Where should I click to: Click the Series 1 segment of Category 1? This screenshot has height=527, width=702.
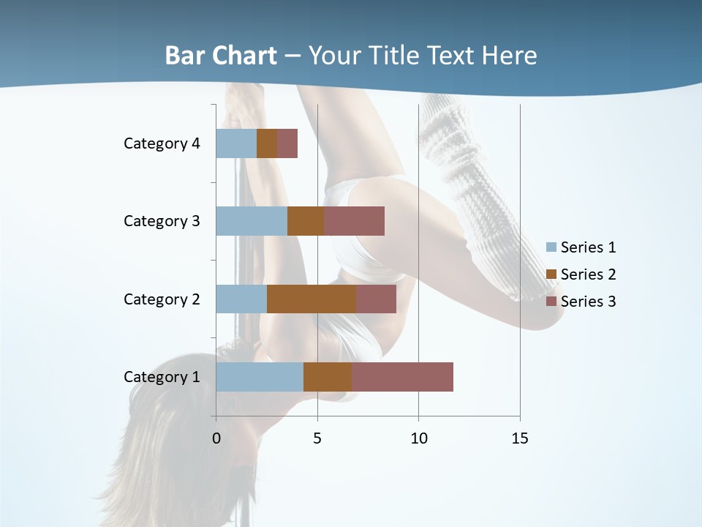260,377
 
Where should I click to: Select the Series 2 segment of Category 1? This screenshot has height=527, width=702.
328,377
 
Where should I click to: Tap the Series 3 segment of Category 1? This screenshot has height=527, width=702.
402,377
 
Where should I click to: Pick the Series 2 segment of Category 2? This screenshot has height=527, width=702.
312,299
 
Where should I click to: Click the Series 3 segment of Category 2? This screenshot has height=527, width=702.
376,299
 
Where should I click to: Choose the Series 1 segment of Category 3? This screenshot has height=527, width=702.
252,221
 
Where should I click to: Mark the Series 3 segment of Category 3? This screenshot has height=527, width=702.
354,221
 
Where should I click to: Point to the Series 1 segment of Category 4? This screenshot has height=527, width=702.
236,143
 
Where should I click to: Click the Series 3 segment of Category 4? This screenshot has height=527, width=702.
287,143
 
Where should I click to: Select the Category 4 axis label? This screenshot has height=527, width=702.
162,143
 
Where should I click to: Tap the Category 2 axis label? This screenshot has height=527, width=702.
162,299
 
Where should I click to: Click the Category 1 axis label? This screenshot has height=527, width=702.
162,377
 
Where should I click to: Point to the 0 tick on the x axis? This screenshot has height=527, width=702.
216,438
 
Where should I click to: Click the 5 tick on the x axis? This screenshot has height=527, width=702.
317,438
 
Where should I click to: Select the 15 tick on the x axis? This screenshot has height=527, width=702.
520,438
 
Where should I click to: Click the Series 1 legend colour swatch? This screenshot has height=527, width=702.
551,247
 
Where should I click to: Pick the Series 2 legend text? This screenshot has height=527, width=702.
588,274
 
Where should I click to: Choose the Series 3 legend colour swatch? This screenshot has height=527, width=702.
551,302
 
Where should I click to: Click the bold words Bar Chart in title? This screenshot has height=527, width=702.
221,56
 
